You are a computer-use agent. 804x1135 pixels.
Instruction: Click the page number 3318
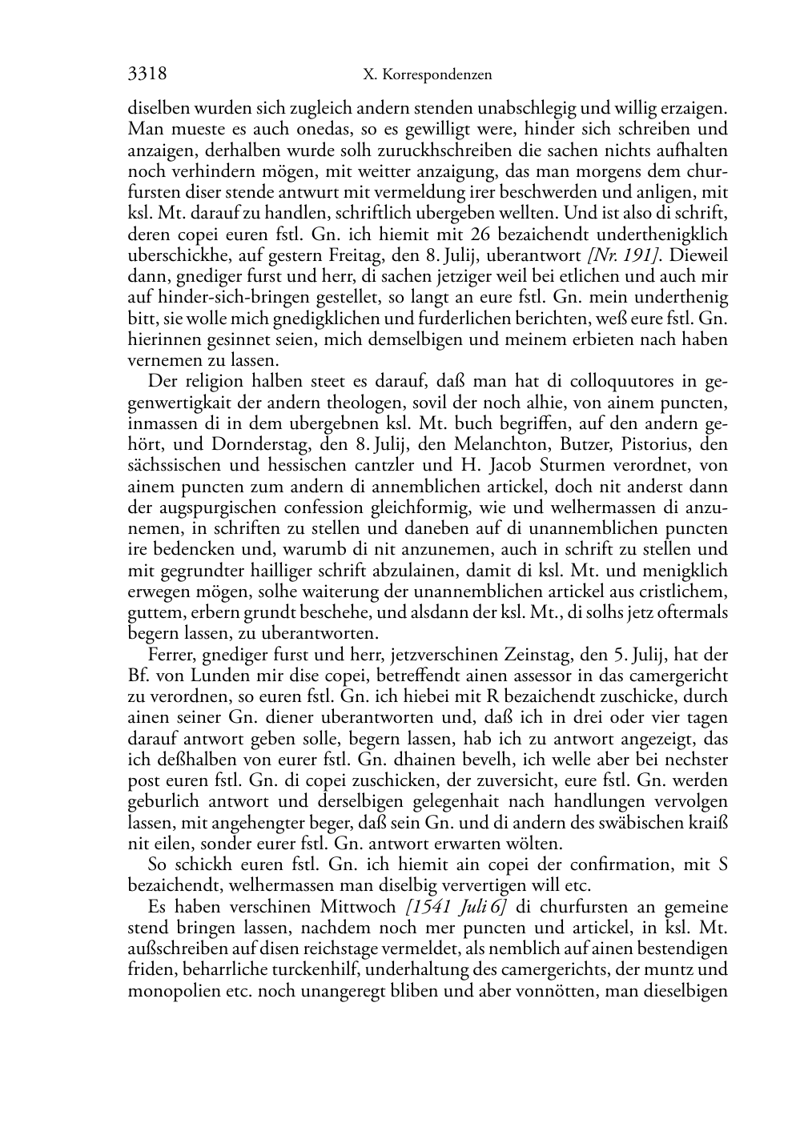coord(147,74)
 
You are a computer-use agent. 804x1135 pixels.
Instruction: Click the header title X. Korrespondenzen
coord(427,75)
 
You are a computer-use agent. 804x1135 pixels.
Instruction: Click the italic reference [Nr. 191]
coord(617,255)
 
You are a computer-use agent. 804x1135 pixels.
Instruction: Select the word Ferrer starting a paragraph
coord(171,654)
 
